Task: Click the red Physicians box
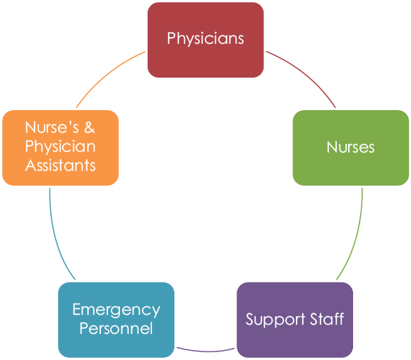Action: click(x=205, y=40)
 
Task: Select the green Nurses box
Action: click(x=351, y=148)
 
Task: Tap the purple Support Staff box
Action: click(x=294, y=320)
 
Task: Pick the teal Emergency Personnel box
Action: click(x=116, y=320)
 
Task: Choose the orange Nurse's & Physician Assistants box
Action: click(x=60, y=148)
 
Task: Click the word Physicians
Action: click(x=205, y=39)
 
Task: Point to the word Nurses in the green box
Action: click(x=351, y=147)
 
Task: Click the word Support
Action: click(x=275, y=320)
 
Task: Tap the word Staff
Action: click(x=327, y=318)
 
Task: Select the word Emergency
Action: click(x=116, y=310)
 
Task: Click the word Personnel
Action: click(x=116, y=328)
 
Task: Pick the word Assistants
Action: click(x=60, y=166)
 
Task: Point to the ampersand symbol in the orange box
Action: click(x=90, y=128)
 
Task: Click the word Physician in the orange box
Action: click(x=60, y=147)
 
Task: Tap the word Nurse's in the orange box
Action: click(x=52, y=128)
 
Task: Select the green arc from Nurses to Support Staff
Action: click(x=356, y=236)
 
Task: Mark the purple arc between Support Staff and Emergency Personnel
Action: click(x=205, y=351)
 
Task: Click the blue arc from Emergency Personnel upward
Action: click(x=55, y=236)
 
